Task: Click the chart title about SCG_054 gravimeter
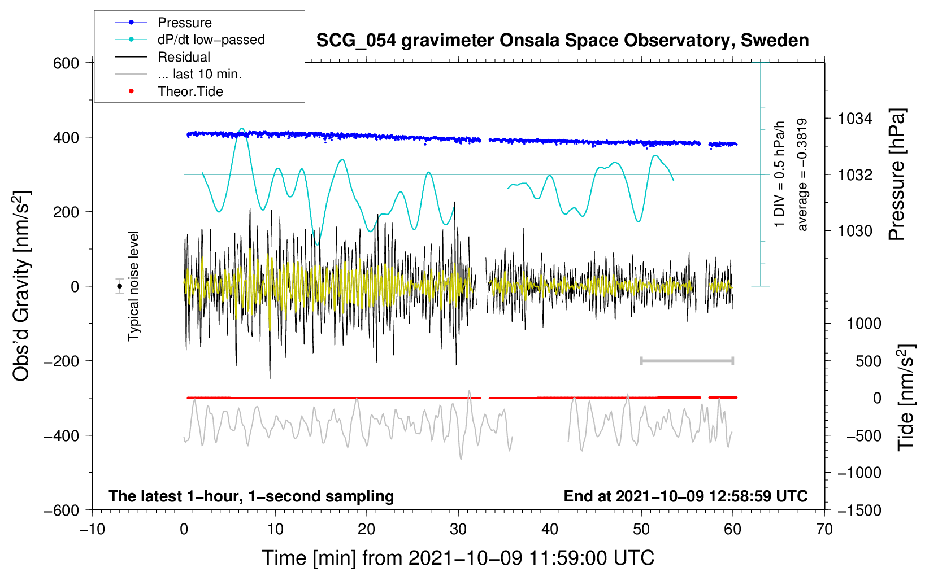point(562,41)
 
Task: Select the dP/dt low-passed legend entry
point(211,40)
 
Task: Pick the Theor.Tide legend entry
point(190,91)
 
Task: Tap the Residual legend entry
point(184,57)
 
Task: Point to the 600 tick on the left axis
point(66,63)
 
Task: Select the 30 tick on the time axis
point(458,529)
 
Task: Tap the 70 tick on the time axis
point(824,529)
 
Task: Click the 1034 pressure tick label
point(855,119)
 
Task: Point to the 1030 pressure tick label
point(855,231)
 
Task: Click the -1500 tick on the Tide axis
point(859,510)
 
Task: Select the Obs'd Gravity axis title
point(21,286)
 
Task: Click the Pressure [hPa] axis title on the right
point(897,175)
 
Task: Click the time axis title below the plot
point(458,558)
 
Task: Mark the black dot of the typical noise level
point(119,286)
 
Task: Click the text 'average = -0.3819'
point(802,175)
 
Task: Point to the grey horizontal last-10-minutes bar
point(687,360)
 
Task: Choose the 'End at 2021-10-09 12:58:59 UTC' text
point(685,496)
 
